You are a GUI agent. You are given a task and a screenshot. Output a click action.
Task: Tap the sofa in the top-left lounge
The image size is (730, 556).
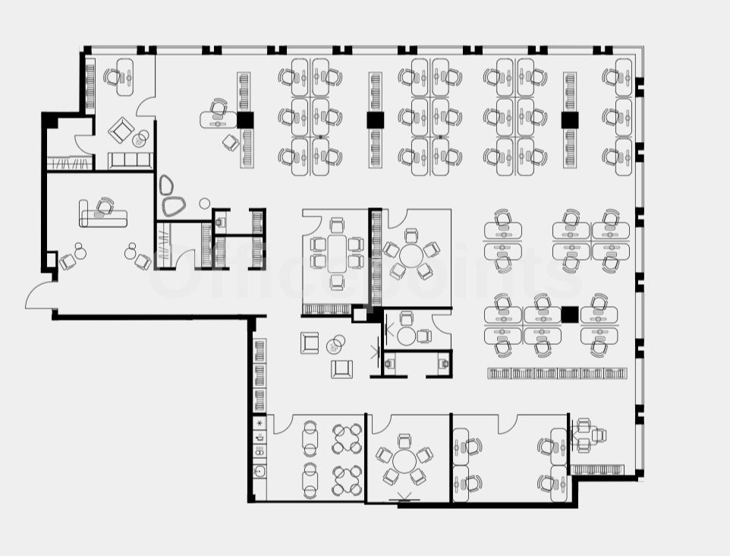[x=131, y=160]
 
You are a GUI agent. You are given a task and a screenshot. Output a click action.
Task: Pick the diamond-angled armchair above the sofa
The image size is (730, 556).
[x=121, y=131]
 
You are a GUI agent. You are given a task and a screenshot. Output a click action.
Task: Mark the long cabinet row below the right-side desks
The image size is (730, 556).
[x=557, y=373]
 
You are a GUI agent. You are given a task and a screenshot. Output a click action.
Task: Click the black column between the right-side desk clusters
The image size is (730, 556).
[x=570, y=314]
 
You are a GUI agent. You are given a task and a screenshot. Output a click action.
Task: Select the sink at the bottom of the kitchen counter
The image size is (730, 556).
[x=260, y=472]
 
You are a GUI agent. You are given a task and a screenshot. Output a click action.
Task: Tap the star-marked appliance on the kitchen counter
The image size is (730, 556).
[x=260, y=422]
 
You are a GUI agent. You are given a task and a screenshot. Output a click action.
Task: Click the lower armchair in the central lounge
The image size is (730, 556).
[x=341, y=368]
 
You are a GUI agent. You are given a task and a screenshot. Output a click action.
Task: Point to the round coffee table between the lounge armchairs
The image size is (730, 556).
[x=335, y=346]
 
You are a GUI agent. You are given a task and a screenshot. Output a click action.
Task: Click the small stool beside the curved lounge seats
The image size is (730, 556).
[x=204, y=204]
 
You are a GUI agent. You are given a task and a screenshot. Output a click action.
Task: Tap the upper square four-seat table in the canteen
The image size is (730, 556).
[x=347, y=438]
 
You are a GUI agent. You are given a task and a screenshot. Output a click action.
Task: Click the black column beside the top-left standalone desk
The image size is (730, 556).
[x=244, y=119]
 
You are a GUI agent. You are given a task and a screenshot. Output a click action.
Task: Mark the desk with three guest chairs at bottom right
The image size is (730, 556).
[x=579, y=435]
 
